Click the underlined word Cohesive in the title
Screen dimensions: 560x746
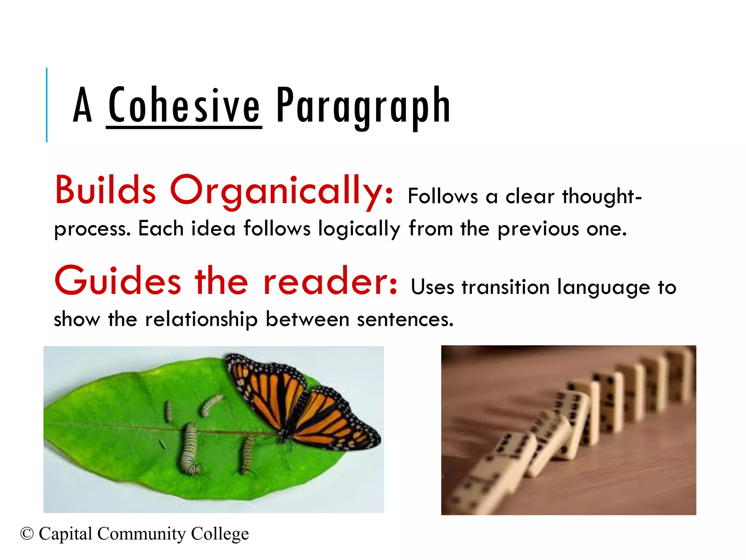tap(184, 106)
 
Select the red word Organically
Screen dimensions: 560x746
tap(282, 191)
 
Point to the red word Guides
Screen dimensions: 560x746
tap(118, 281)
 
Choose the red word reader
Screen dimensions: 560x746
tap(330, 281)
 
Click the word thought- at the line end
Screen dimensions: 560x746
tap(602, 197)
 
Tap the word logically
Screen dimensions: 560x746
tap(359, 230)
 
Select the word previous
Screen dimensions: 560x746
tap(538, 230)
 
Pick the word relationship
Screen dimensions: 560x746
tap(201, 320)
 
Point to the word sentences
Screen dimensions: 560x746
tap(405, 320)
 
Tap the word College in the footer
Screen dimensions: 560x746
tap(220, 534)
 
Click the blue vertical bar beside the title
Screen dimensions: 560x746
tap(47, 105)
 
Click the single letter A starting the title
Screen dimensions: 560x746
tap(82, 106)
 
